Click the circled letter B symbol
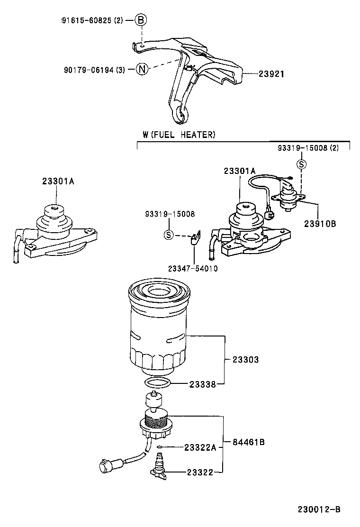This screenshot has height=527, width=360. pos(141,20)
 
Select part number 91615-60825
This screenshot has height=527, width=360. pos(88,20)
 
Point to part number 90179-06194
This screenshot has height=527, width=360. pos(90,70)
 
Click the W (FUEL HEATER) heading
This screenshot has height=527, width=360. pos(179,135)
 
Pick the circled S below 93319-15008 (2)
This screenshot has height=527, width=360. pos(301,164)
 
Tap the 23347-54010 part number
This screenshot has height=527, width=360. pos(193,268)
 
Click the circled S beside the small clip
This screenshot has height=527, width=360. pos(168,234)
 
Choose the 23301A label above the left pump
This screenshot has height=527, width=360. pos(58,181)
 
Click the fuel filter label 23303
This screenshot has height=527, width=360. pos(245,360)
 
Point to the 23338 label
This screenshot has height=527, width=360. pos(203,384)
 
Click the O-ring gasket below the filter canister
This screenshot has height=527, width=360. pos(157,383)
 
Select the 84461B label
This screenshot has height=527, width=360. pos(248,442)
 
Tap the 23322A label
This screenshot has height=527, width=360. pos(200,447)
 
